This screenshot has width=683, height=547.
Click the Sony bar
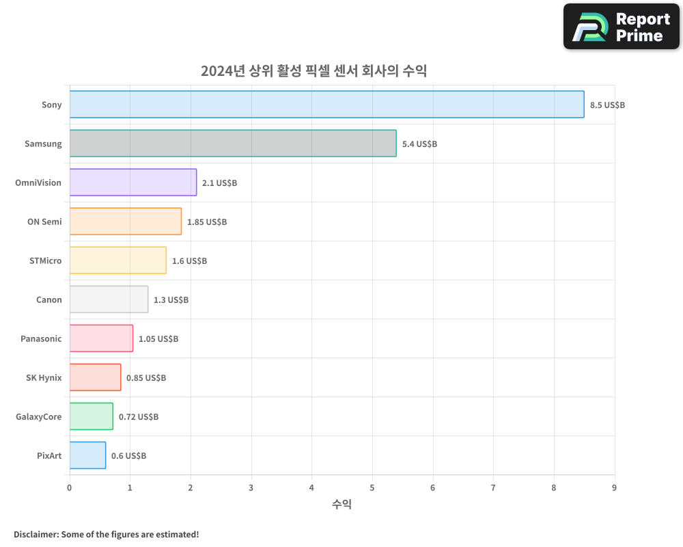(326, 105)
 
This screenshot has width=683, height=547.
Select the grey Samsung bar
(232, 144)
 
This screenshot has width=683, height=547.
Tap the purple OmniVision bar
(133, 183)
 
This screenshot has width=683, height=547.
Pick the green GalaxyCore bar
(91, 416)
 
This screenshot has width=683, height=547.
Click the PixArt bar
(87, 455)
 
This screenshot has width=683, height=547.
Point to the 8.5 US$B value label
(607, 105)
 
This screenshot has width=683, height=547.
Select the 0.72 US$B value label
(139, 417)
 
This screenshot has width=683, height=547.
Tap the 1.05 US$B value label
(158, 339)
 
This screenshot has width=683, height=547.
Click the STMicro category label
(45, 261)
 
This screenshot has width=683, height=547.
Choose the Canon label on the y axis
(48, 300)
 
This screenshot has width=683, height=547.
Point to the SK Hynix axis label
(44, 378)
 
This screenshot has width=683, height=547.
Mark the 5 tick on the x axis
(372, 488)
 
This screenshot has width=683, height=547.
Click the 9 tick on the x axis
(614, 488)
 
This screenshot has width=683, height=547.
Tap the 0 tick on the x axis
(69, 488)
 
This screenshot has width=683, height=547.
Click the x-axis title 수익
(341, 505)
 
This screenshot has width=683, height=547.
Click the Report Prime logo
(622, 27)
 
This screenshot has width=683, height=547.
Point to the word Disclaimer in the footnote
(36, 534)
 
